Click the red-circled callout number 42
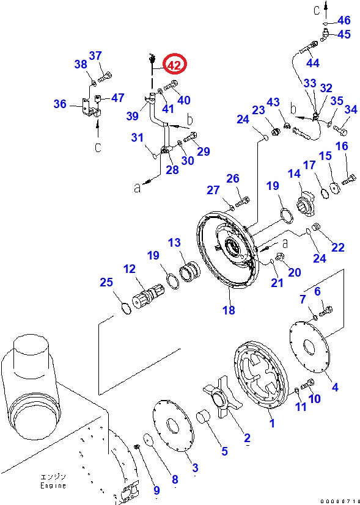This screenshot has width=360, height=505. (174, 65)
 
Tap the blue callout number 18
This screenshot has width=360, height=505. (229, 310)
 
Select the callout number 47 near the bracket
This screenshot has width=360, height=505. (117, 98)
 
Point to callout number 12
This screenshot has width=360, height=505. (130, 269)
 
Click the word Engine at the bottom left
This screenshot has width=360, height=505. (53, 485)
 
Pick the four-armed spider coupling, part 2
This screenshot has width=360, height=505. (222, 399)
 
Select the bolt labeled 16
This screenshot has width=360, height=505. (348, 179)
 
